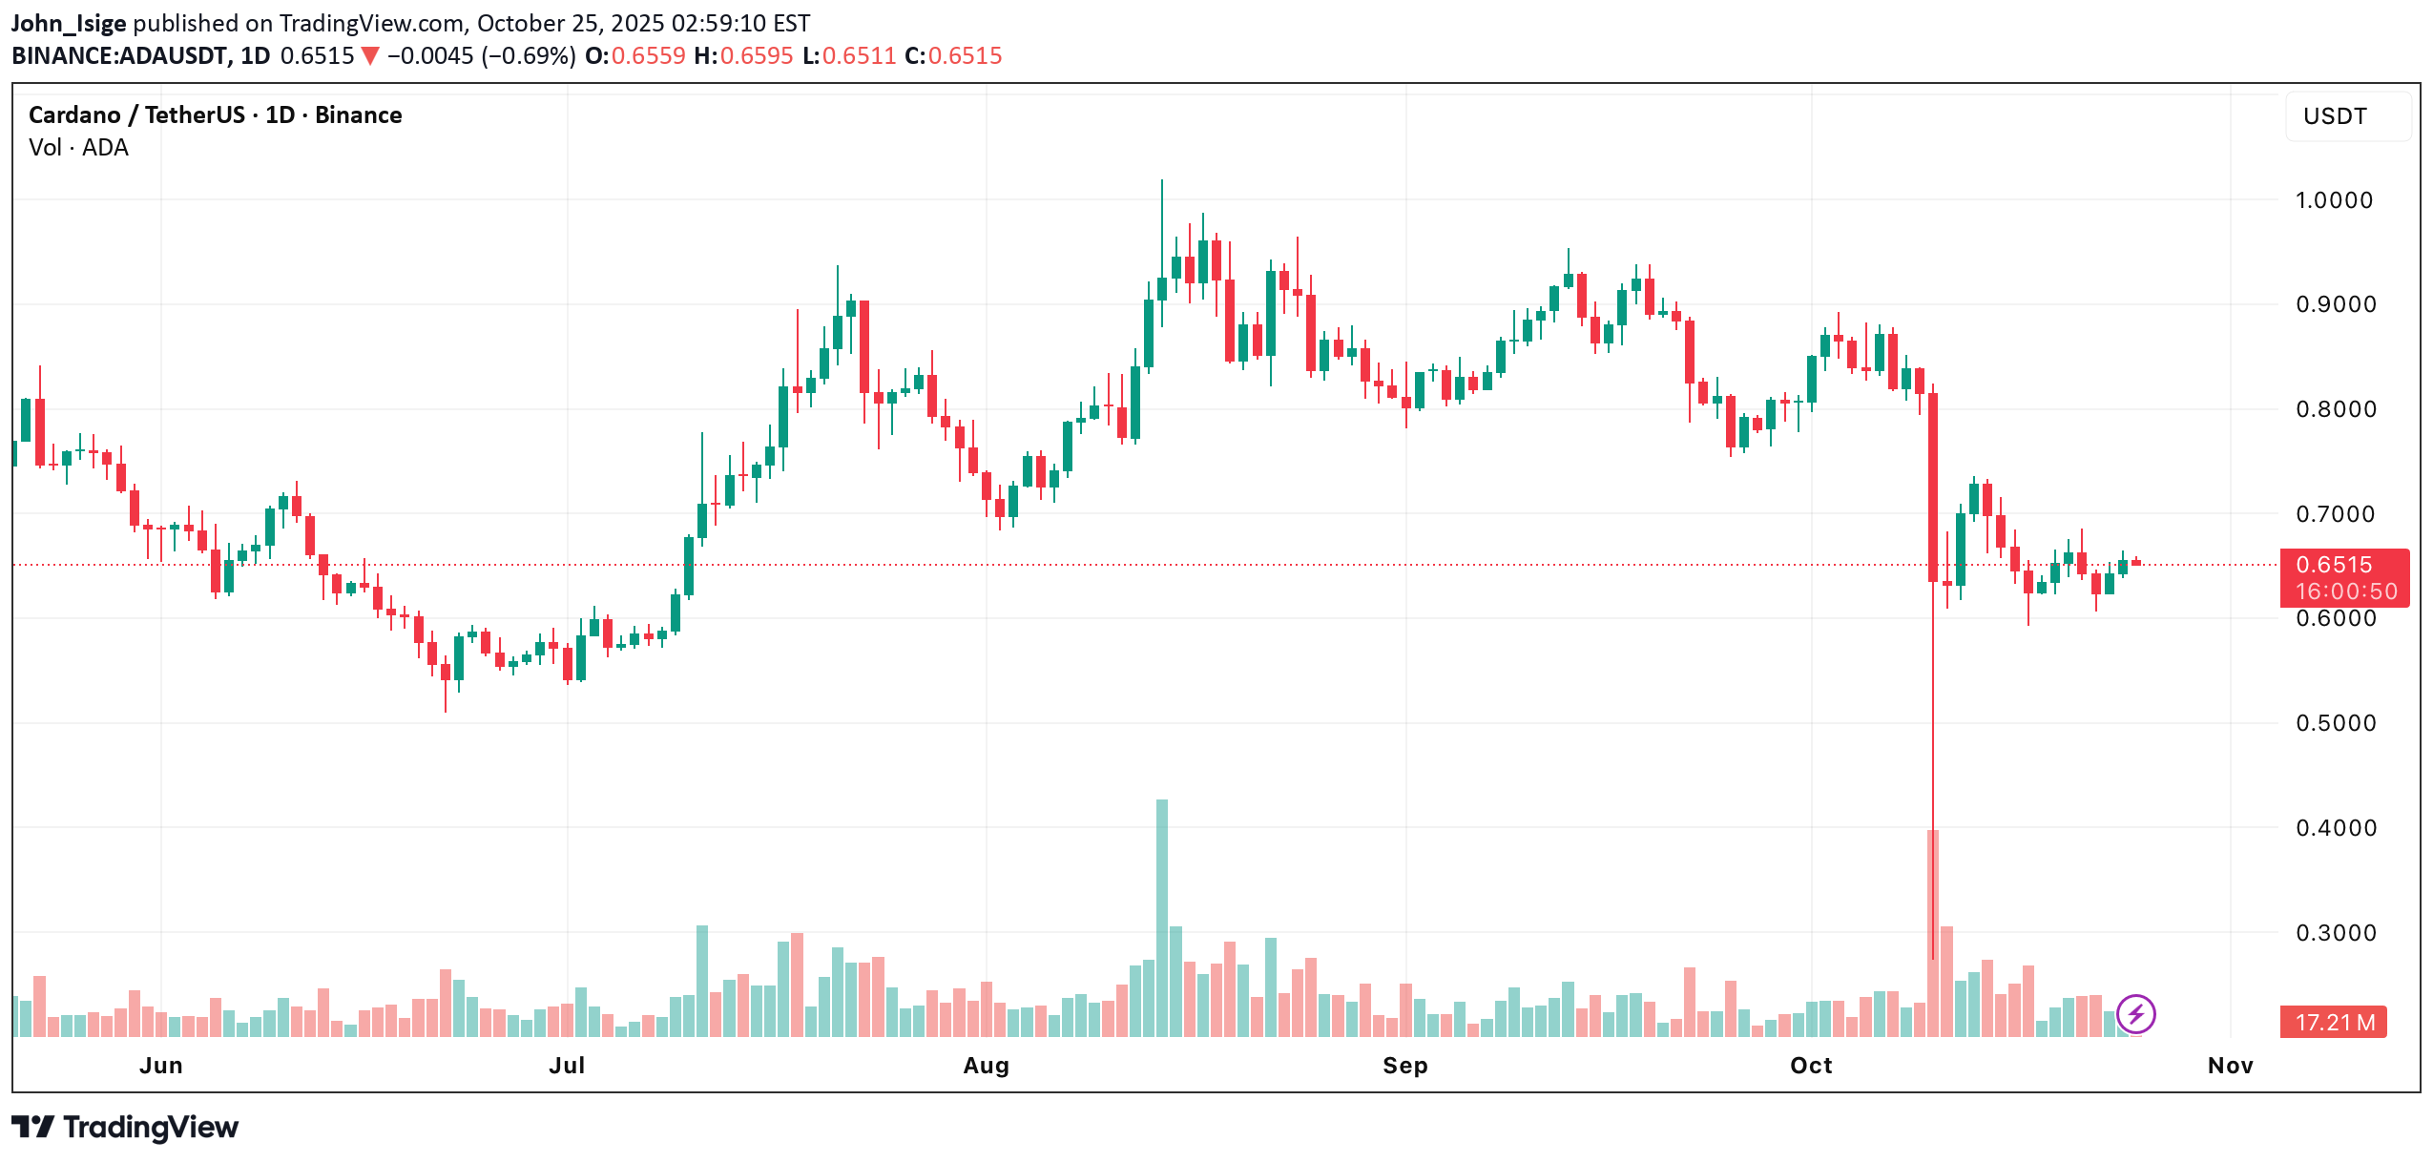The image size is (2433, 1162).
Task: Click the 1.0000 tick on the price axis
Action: pos(2333,200)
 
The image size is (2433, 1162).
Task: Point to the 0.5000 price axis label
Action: pos(2333,723)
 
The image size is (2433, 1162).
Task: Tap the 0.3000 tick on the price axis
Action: pos(2333,933)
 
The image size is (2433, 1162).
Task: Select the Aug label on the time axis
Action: pos(986,1066)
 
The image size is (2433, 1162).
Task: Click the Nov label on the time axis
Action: pos(2230,1066)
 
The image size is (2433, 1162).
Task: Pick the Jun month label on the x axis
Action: pos(160,1066)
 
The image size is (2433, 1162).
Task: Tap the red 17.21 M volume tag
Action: pos(2333,1023)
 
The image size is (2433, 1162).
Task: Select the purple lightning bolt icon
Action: pos(2135,1013)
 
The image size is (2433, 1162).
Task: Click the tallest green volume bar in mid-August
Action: pos(1161,916)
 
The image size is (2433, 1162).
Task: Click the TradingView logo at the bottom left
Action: pos(125,1128)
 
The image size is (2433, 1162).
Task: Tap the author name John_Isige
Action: pos(69,23)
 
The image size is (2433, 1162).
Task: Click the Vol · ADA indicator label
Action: pos(78,148)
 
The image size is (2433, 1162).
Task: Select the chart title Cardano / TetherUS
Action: pos(136,115)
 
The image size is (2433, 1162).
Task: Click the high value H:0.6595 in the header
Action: pos(743,55)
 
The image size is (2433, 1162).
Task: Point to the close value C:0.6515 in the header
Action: pos(952,55)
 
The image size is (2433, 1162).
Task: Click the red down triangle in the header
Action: pos(370,56)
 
